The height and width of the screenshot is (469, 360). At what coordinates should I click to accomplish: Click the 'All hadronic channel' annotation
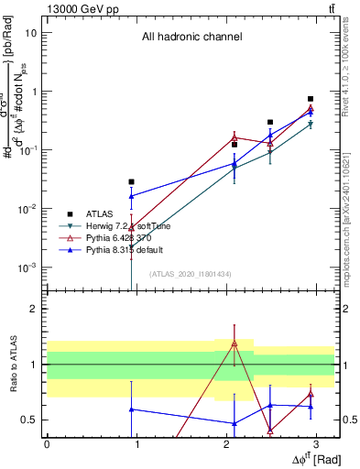pos(191,38)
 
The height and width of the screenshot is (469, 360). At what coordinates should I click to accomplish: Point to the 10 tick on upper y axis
pos(31,33)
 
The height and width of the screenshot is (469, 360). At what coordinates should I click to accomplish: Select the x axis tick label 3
pos(315,445)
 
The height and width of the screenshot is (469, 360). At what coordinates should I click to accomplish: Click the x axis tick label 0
pos(47,445)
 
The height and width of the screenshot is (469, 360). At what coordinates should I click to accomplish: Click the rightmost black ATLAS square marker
pos(311,99)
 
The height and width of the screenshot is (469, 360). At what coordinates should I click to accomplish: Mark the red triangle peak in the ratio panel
pos(235,344)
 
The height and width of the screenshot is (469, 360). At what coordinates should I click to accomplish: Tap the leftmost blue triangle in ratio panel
pos(132,409)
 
